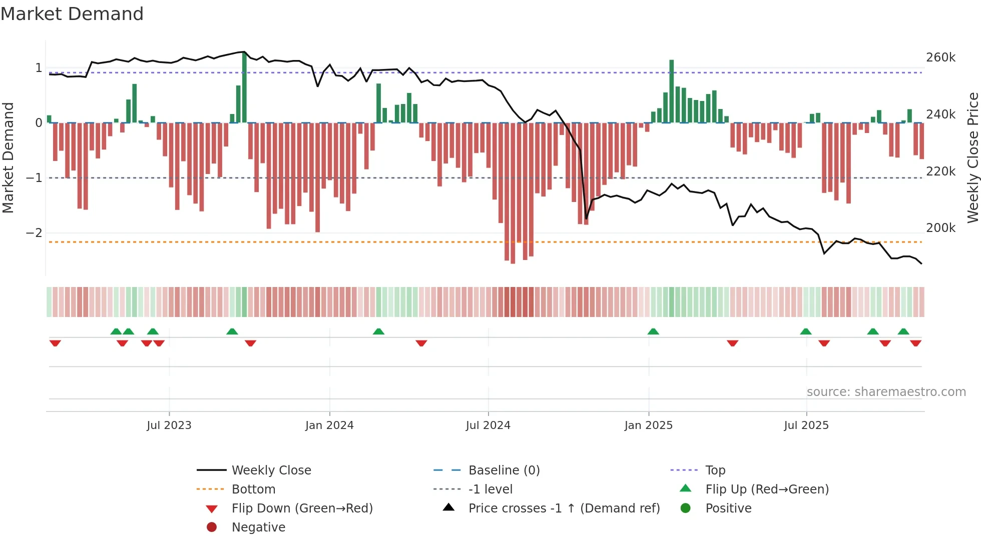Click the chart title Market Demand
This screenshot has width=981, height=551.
72,14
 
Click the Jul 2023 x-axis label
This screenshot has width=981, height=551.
169,425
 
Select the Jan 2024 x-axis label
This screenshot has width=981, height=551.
329,425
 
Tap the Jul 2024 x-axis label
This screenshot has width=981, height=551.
488,425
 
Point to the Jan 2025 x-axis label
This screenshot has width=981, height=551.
649,425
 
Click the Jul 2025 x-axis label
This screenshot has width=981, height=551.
806,425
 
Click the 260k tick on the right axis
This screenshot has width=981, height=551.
940,57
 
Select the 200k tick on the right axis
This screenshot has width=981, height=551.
940,228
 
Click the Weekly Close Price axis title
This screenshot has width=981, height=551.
972,157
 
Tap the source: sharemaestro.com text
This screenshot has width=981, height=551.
886,392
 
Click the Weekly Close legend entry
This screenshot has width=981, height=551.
271,470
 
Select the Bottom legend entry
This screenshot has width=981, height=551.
253,489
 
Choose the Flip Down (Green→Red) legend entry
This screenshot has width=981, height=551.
302,508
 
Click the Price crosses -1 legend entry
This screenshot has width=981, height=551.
564,508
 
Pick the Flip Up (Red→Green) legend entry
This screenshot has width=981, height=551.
767,489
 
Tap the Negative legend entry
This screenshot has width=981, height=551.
258,527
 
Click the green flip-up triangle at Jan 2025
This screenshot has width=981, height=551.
653,331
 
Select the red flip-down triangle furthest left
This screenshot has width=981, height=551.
55,343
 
